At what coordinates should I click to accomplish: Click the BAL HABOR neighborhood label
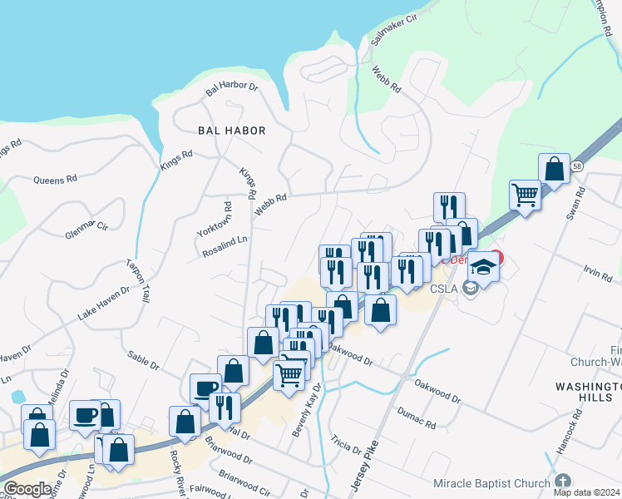point(232,131)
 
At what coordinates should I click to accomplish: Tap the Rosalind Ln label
point(225,247)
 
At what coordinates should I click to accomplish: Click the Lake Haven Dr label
point(104,304)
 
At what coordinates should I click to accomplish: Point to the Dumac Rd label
point(417,413)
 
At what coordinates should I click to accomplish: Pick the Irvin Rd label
point(591,272)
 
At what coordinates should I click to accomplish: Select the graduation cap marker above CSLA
point(482,266)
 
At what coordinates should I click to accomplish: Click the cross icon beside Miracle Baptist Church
point(563,482)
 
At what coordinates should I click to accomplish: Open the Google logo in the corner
point(27,489)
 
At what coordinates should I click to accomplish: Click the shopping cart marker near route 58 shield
point(525,196)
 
